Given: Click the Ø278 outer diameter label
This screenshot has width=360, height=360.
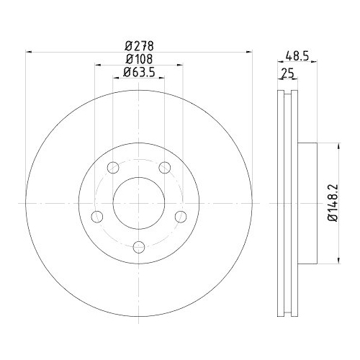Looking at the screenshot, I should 140,45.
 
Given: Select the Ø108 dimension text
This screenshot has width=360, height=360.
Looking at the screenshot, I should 140,58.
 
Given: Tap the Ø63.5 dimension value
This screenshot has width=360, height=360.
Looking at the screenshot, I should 140,72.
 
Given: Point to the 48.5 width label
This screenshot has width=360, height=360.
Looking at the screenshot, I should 297,54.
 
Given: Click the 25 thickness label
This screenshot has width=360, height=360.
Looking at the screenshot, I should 287,73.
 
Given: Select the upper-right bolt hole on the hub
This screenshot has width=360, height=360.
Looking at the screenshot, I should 165,168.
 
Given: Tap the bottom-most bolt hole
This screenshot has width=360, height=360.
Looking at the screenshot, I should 139,247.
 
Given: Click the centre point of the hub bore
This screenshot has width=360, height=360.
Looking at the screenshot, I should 139,203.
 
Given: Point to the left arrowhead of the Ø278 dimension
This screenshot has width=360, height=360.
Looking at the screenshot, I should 29,51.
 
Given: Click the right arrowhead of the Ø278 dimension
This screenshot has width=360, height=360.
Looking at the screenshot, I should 250,51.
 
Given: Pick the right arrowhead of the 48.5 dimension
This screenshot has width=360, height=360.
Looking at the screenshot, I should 315,62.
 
